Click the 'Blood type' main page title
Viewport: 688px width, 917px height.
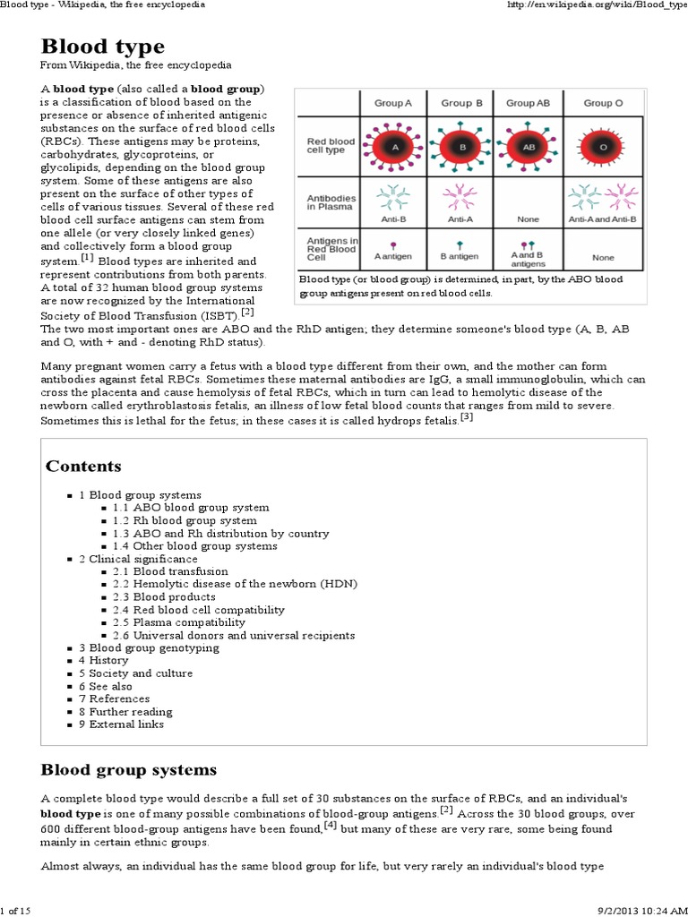[x=102, y=46]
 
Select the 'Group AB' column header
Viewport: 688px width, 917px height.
[x=528, y=103]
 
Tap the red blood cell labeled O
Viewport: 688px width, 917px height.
[x=603, y=145]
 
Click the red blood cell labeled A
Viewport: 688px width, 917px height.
[x=394, y=145]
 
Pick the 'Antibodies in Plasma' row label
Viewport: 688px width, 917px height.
[x=331, y=202]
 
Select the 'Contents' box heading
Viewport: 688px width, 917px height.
[x=83, y=466]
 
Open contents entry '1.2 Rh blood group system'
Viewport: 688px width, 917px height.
[x=185, y=520]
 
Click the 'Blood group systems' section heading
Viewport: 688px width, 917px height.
[x=129, y=769]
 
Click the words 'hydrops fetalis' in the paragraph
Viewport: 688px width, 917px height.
[x=418, y=419]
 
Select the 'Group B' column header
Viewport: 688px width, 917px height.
[x=461, y=103]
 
